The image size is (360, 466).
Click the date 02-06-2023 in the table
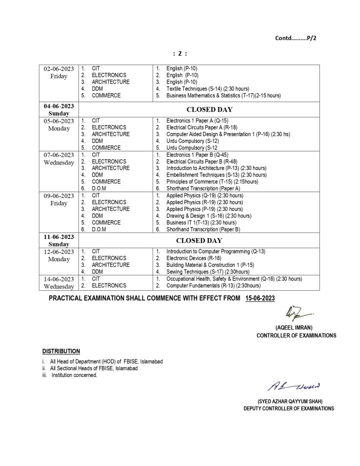59,69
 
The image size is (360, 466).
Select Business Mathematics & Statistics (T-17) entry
223,96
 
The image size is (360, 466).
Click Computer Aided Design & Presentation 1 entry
228,134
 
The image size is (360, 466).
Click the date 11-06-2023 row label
59,238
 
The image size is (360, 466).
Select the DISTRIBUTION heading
61,351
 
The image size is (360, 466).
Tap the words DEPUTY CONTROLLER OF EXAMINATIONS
289,409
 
